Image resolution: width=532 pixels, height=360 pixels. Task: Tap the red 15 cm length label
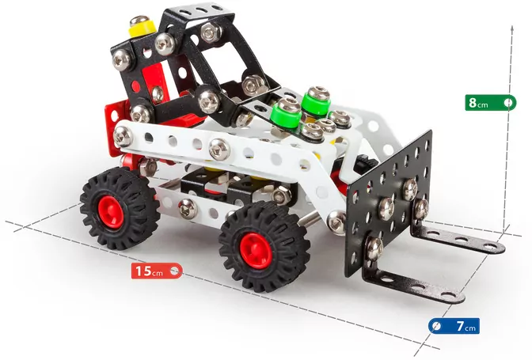(x=158, y=271)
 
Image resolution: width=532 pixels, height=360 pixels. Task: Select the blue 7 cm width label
(x=454, y=326)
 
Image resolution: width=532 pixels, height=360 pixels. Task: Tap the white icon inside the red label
(x=175, y=271)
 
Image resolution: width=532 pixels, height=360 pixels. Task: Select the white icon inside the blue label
(x=436, y=326)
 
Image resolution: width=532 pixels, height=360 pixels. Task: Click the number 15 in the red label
(x=143, y=271)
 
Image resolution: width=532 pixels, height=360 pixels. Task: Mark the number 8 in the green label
(x=473, y=103)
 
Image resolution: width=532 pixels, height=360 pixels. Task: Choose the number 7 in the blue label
(x=459, y=326)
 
